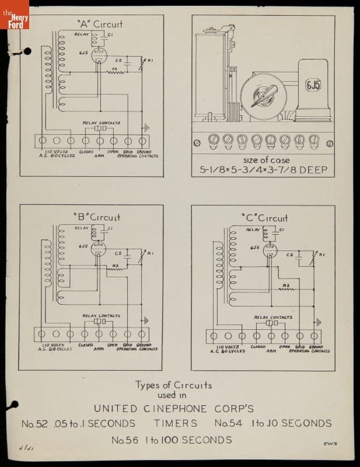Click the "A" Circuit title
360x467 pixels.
pyautogui.click(x=100, y=25)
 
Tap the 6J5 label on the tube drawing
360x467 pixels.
pyautogui.click(x=313, y=85)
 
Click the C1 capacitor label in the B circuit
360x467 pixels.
pyautogui.click(x=110, y=229)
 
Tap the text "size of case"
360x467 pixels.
pyautogui.click(x=265, y=160)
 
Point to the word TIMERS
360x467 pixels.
pyautogui.click(x=176, y=423)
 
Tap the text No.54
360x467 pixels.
pyautogui.click(x=228, y=423)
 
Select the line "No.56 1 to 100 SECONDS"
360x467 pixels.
pyautogui.click(x=171, y=440)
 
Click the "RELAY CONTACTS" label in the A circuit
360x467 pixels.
pyautogui.click(x=101, y=123)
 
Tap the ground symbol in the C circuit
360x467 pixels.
pyautogui.click(x=319, y=322)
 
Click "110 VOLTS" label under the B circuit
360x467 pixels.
pyautogui.click(x=55, y=345)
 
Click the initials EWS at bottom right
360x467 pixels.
pyautogui.click(x=330, y=445)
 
